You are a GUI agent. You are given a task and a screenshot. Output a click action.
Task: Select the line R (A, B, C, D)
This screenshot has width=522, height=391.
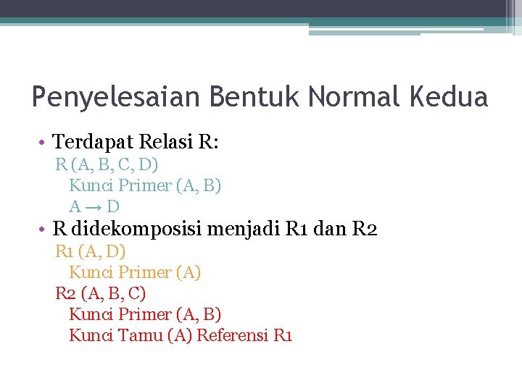[107, 164]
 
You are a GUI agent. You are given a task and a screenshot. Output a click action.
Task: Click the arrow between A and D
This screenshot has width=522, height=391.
[94, 206]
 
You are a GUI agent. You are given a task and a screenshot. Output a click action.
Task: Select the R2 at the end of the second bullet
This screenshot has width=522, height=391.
[364, 230]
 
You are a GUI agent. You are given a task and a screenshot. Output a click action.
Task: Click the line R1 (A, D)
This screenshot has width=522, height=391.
[91, 252]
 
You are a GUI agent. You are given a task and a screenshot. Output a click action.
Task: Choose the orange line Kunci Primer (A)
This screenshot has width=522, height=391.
[135, 273]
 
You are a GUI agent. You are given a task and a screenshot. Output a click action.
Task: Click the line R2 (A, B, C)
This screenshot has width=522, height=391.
[101, 294]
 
